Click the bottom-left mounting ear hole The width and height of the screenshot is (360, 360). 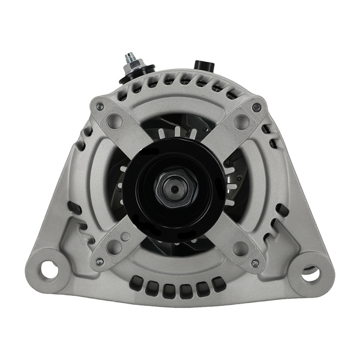pyautogui.click(x=50, y=270)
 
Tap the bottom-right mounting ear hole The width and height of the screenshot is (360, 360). pyautogui.click(x=310, y=274)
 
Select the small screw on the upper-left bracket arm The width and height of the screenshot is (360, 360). pyautogui.click(x=100, y=107)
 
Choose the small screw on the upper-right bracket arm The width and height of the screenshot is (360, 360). pyautogui.click(x=256, y=107)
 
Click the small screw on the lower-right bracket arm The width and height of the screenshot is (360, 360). pyautogui.click(x=255, y=263)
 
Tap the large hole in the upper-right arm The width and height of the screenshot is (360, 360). pyautogui.click(x=241, y=122)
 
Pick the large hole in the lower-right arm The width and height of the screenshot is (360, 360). pyautogui.click(x=241, y=248)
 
